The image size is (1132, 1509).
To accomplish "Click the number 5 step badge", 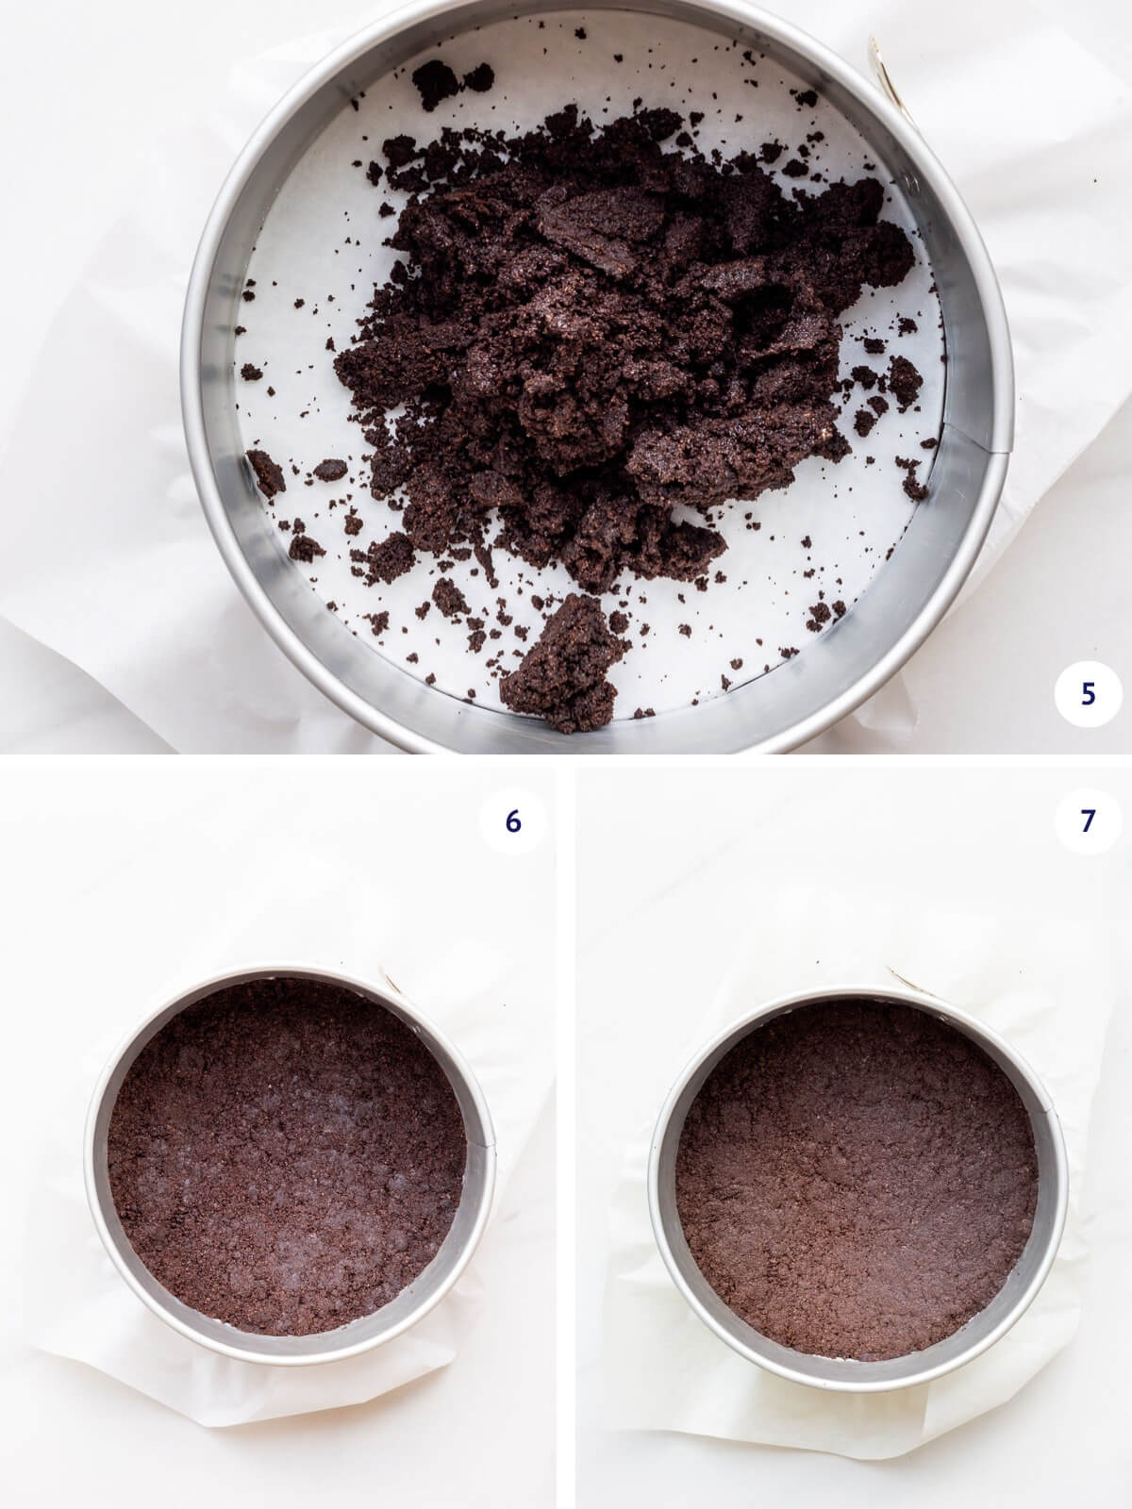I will point(1088,693).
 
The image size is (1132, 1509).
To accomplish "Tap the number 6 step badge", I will point(512,821).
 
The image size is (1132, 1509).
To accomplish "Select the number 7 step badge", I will point(1088,821).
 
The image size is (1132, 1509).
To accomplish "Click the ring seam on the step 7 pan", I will point(1043,1113).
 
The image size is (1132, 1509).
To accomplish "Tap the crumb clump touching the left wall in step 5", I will point(267,472).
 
